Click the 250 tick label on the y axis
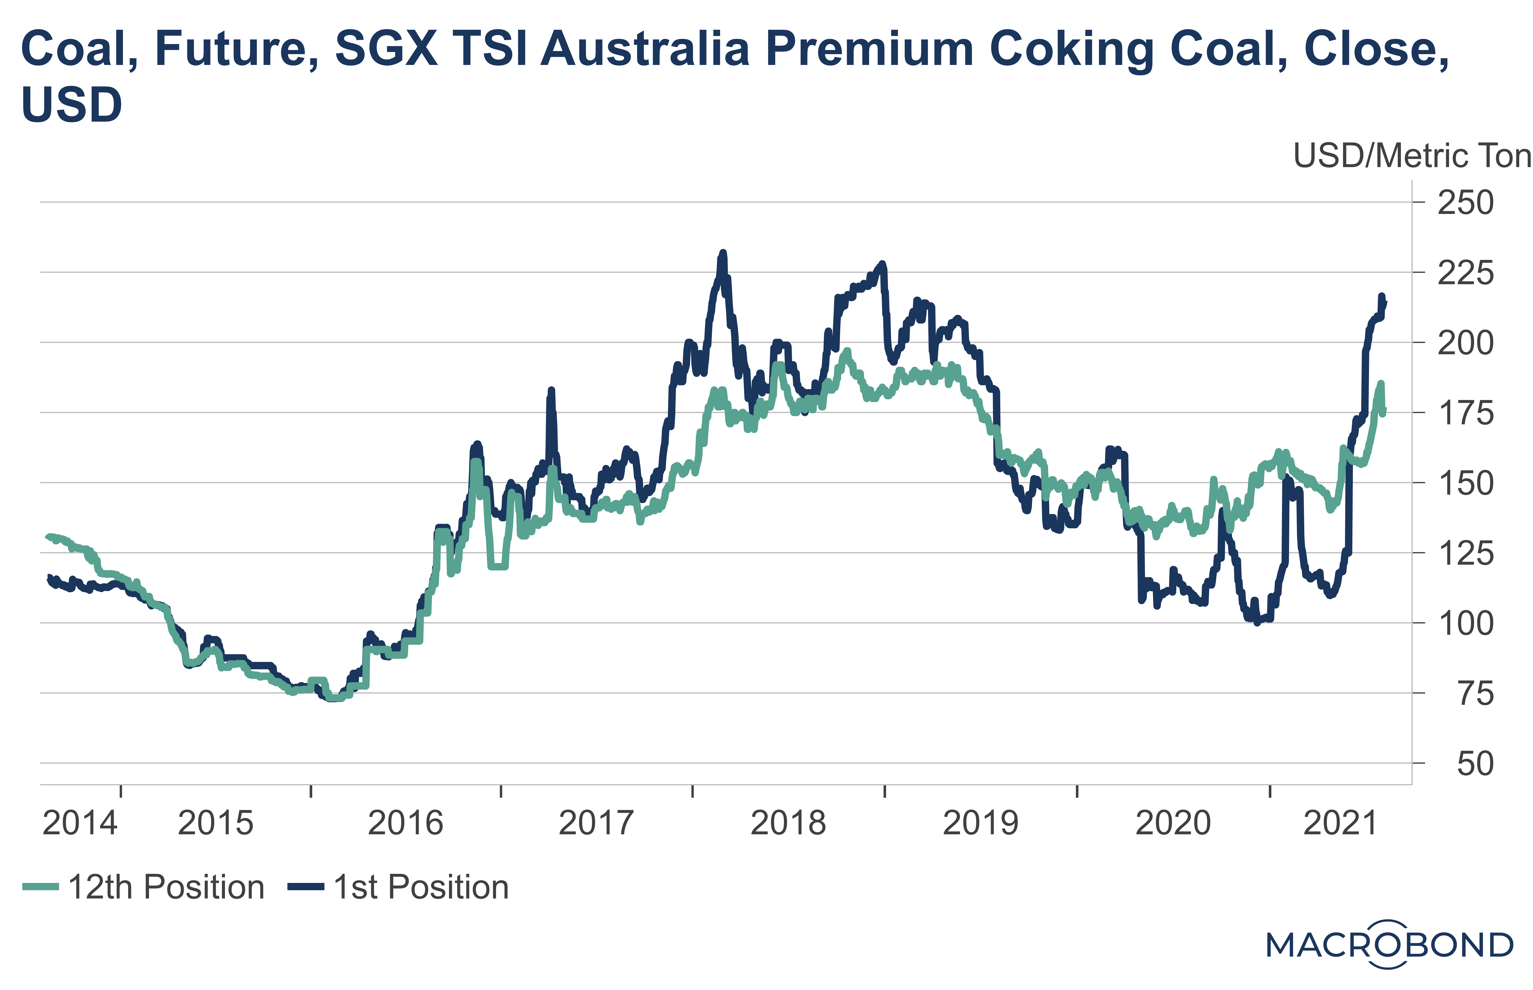click(x=1465, y=203)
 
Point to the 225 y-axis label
click(x=1465, y=273)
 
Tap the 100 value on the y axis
click(x=1465, y=624)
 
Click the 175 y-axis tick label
click(x=1465, y=413)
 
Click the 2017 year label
click(x=596, y=823)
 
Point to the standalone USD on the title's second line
click(x=71, y=105)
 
